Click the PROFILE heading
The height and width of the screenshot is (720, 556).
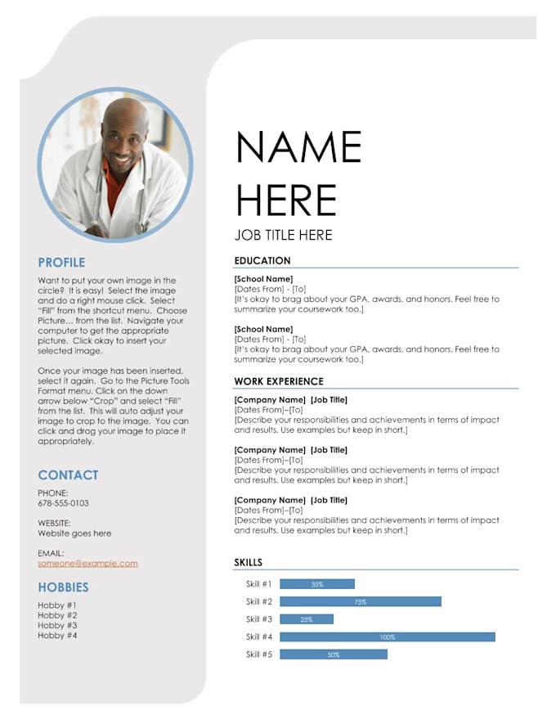click(x=61, y=263)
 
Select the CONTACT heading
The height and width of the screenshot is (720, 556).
click(x=68, y=475)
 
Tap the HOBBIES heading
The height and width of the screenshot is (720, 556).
click(x=63, y=587)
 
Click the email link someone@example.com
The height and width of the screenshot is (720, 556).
click(x=87, y=563)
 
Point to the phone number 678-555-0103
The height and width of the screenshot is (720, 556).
click(x=63, y=503)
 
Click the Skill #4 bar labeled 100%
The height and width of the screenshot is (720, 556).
click(x=387, y=637)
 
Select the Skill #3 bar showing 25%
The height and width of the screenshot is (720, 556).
click(x=307, y=619)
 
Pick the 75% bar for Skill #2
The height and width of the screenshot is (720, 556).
click(x=360, y=601)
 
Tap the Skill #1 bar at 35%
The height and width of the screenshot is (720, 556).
click(x=317, y=584)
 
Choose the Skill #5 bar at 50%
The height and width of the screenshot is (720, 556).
click(x=333, y=655)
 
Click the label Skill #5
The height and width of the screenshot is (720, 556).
click(x=258, y=655)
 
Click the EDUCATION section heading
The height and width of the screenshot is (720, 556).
click(x=262, y=261)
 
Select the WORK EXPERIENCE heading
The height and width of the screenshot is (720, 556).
click(x=279, y=381)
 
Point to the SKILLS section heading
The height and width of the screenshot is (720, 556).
click(x=249, y=562)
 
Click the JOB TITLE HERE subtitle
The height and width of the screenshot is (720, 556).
click(x=283, y=236)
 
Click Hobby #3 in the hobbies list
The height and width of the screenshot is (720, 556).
click(x=57, y=625)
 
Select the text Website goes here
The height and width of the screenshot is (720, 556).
click(x=74, y=533)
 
